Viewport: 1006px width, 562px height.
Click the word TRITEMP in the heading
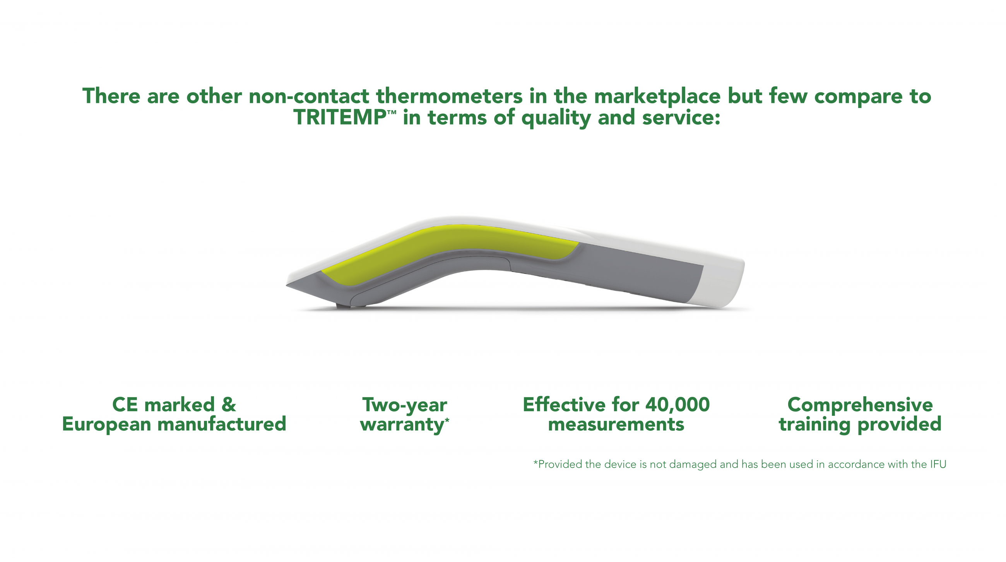[340, 117]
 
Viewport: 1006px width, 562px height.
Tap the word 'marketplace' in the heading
[657, 96]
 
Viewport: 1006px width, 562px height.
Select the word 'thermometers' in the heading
[449, 96]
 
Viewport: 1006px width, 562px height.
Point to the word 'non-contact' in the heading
[308, 96]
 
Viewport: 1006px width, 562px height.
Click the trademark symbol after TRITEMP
[392, 112]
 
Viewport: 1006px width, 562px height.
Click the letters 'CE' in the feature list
[125, 405]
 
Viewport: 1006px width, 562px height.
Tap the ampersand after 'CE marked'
[229, 405]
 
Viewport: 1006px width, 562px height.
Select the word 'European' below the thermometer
[107, 425]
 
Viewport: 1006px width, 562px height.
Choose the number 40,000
[678, 405]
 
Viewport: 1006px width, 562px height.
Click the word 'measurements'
[616, 425]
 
